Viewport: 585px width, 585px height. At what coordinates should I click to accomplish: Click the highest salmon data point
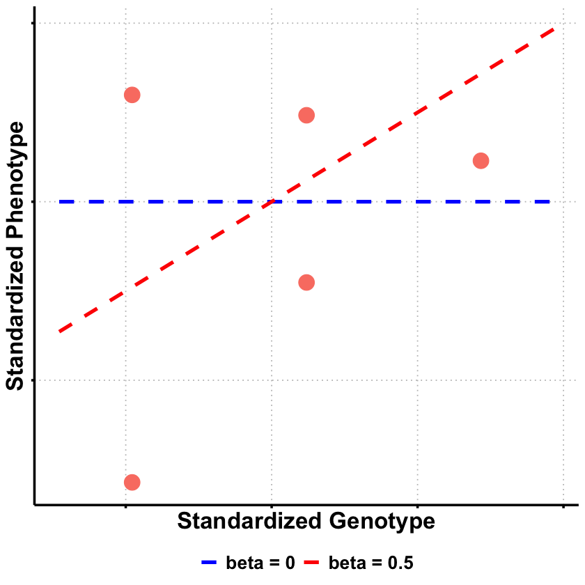[132, 95]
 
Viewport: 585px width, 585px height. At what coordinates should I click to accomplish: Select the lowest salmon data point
[132, 482]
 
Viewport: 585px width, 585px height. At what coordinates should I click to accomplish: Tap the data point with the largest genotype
[481, 161]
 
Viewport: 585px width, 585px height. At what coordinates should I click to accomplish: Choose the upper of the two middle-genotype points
[306, 115]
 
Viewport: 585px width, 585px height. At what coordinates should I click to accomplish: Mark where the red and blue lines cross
[271, 202]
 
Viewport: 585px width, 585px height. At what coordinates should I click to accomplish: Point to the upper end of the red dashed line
[554, 29]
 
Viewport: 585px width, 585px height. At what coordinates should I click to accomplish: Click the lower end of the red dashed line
[60, 331]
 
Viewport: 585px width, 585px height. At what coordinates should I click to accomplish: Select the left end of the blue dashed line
[60, 202]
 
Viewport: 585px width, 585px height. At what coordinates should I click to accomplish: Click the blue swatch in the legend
[210, 562]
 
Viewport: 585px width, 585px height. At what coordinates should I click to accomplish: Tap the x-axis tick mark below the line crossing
[271, 507]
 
